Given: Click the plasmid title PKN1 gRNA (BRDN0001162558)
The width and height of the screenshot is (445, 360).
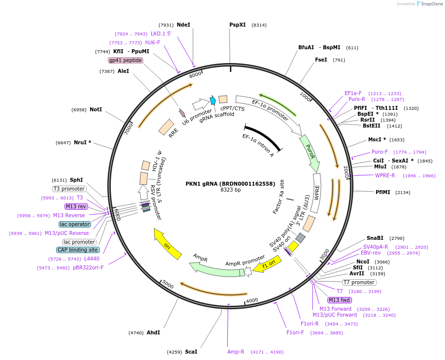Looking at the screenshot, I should (x=230, y=184).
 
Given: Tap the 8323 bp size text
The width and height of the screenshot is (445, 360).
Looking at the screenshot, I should (x=230, y=190).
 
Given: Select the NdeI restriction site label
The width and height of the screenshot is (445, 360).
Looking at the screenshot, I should (x=183, y=25).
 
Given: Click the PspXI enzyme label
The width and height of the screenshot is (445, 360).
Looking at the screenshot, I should (x=237, y=25).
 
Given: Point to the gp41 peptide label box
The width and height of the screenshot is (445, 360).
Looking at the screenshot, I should (x=126, y=60).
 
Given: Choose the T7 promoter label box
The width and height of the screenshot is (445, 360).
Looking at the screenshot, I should (x=359, y=282).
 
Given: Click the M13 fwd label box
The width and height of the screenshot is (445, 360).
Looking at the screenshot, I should (x=340, y=300).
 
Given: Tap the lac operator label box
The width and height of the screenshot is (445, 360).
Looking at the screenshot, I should (x=75, y=224).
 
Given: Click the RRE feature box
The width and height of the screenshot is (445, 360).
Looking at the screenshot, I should (x=166, y=127).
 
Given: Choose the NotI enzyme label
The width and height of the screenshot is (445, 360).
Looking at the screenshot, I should (x=95, y=109).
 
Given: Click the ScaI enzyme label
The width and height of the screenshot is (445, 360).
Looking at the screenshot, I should (x=191, y=352).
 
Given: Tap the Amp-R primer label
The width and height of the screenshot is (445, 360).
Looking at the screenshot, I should (x=236, y=352).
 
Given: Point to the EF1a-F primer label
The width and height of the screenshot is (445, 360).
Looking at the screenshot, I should (x=353, y=93).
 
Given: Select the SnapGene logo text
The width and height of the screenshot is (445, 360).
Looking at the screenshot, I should (x=429, y=4).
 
